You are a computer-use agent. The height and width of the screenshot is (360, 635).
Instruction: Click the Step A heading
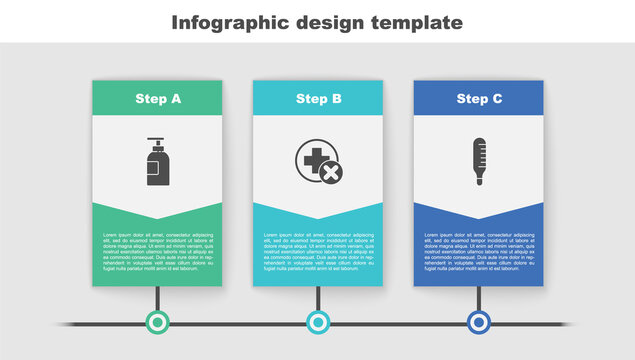click(157, 99)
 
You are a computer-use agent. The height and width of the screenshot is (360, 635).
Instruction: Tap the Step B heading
click(318, 99)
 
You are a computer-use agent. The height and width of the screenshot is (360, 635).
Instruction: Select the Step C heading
click(478, 99)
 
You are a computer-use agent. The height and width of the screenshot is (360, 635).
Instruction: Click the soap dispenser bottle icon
click(157, 162)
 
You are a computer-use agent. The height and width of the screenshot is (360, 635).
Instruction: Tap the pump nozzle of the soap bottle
click(154, 140)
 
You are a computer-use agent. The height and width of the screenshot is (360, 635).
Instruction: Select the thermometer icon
click(479, 162)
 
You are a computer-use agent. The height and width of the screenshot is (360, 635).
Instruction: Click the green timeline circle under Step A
click(157, 322)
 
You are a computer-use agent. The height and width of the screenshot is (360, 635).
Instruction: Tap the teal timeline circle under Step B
click(318, 322)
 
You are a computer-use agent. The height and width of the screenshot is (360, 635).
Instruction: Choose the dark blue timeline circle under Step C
click(479, 322)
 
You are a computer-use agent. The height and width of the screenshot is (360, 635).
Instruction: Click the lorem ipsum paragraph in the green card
click(157, 251)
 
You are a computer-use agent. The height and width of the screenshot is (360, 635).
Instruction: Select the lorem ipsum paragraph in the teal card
click(318, 251)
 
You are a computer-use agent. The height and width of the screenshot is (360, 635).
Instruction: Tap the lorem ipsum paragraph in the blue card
click(479, 251)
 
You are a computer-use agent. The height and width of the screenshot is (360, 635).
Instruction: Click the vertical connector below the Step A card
click(157, 298)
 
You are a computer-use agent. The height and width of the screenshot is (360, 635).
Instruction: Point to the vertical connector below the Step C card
click(479, 298)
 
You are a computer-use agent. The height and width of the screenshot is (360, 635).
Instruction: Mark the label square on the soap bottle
click(153, 174)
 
